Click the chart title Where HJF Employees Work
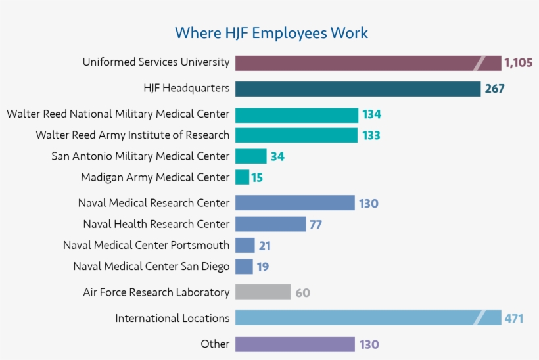(271, 33)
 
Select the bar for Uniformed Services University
(355, 63)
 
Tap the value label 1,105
(518, 63)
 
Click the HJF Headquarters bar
(358, 89)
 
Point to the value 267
(494, 89)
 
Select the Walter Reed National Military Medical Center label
(118, 114)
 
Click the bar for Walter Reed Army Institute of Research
(296, 135)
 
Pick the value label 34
(277, 156)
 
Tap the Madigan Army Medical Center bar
(242, 177)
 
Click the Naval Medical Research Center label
(154, 203)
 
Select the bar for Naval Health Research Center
(270, 224)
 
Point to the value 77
(316, 225)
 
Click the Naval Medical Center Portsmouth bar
(245, 246)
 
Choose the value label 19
(262, 267)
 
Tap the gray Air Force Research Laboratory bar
(262, 292)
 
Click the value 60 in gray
(302, 293)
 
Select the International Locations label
(172, 318)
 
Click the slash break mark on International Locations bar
(479, 318)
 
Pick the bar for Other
(294, 344)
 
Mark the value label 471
(513, 319)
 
